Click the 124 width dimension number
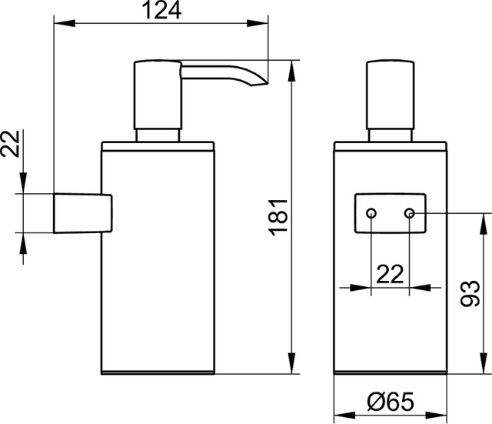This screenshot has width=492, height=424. click(x=163, y=10)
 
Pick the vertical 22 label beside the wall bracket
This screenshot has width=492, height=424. click(x=10, y=144)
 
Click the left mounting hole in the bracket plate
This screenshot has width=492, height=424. click(x=371, y=212)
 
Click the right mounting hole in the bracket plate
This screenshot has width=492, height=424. click(x=410, y=212)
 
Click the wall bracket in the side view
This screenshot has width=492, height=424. click(x=83, y=212)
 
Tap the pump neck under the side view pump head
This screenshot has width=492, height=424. click(x=158, y=136)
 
